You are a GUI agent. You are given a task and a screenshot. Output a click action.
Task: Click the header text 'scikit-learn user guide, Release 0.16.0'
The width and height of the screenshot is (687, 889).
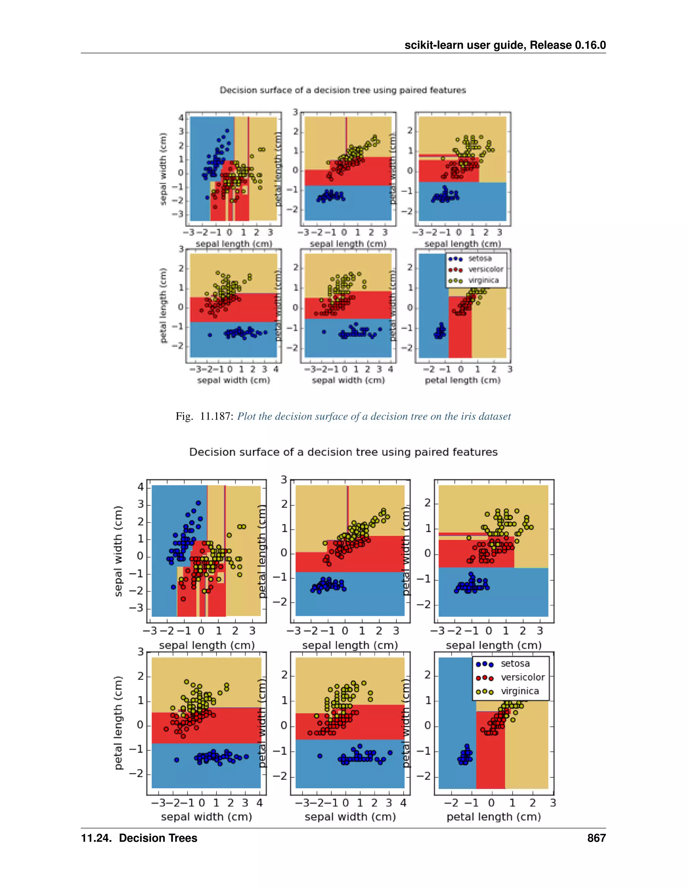(x=505, y=45)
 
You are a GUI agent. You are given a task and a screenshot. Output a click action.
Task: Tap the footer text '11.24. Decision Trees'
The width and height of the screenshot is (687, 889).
(x=139, y=838)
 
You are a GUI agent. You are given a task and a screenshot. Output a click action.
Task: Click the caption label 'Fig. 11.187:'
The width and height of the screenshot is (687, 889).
(x=204, y=416)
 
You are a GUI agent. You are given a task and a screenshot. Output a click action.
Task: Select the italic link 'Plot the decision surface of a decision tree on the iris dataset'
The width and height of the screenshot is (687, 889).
(x=374, y=416)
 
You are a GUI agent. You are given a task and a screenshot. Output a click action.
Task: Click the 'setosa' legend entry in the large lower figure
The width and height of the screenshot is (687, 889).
(x=515, y=664)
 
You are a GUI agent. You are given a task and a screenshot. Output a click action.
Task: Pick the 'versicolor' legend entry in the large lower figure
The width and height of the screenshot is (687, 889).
(x=522, y=678)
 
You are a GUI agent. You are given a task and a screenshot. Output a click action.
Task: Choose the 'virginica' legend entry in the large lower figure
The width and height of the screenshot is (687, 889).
(x=519, y=691)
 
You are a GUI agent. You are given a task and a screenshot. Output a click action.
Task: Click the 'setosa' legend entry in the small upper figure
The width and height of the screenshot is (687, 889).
(x=479, y=258)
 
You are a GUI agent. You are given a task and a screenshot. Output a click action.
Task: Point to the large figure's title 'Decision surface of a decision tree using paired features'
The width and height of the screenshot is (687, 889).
(x=343, y=452)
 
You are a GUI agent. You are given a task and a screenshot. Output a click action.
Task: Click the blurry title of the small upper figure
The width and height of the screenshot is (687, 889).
(x=343, y=90)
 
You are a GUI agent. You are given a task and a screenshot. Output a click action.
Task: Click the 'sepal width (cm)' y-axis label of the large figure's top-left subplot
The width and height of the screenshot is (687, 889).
(x=118, y=551)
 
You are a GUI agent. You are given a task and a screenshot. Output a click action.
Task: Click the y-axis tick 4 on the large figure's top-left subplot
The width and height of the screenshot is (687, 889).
(x=141, y=487)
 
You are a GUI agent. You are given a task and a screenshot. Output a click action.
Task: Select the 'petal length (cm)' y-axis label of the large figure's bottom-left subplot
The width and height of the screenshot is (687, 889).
(x=118, y=723)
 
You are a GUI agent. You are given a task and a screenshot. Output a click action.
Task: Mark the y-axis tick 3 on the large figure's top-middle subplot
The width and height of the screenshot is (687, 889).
(x=284, y=480)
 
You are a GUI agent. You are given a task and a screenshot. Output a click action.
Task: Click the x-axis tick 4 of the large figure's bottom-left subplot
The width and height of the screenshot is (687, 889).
(x=260, y=803)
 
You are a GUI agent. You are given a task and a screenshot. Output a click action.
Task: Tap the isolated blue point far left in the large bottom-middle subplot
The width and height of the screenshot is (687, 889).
(x=320, y=756)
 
